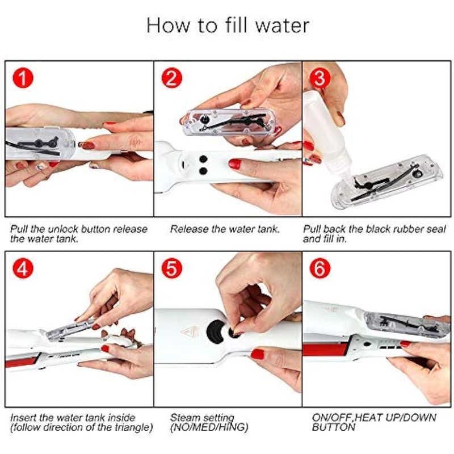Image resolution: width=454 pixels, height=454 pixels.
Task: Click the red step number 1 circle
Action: click(x=23, y=78)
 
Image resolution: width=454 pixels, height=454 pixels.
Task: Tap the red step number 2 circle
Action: click(x=172, y=78)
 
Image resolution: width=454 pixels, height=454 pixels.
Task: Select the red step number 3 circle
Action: click(x=320, y=78)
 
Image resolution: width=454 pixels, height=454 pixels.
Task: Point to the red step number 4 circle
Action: click(x=23, y=268)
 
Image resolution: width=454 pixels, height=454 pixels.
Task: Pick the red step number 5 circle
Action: click(x=172, y=268)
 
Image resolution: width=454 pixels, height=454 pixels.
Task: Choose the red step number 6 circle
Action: click(x=320, y=268)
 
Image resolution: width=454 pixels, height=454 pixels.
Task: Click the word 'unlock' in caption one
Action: click(x=64, y=229)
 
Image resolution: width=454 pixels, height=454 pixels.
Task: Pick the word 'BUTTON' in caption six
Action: click(x=333, y=427)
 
